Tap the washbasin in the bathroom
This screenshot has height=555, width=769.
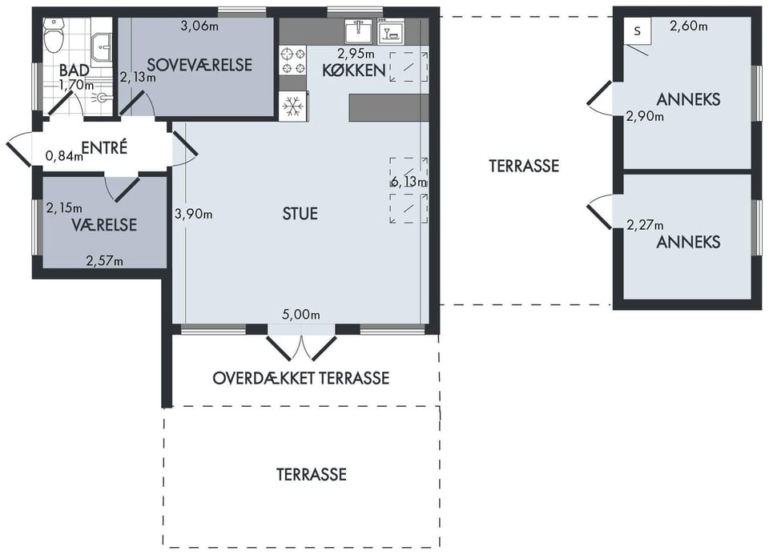coord(103,47)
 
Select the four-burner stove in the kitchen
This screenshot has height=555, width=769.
coord(293,61)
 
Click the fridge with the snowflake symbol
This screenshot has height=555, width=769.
coord(293,106)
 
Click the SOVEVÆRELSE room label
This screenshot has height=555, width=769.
coord(199,65)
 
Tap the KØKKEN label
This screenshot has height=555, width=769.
coord(353,70)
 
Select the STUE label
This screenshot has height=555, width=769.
coord(300,213)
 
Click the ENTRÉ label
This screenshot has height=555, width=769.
coord(104,147)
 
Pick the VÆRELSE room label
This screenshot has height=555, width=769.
coord(104,224)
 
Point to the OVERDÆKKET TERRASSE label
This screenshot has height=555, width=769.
coord(301,378)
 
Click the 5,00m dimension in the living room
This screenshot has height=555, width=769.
coord(301,314)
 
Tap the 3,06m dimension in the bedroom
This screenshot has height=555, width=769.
coord(199,26)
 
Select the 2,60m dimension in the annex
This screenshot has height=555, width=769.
coord(689,26)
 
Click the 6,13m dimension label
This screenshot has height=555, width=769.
coord(409,182)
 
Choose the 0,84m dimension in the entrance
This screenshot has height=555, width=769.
coord(64,156)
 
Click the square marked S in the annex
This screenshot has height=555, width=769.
coord(637,31)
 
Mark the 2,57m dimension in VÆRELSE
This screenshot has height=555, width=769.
coord(104,261)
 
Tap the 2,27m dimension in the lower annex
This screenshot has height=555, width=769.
coord(646,225)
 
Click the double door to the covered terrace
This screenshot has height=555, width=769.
coord(301,346)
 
